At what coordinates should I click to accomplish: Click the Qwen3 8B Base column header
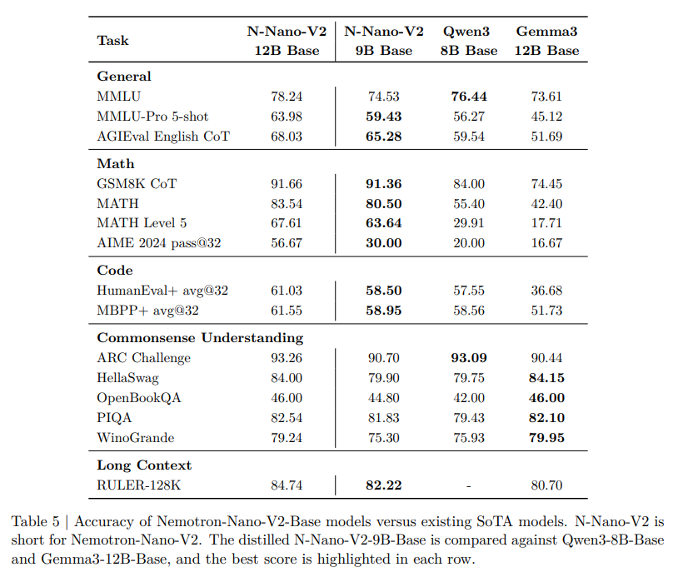(x=469, y=41)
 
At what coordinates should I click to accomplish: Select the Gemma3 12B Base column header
(x=546, y=41)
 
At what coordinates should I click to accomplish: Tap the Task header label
(x=112, y=41)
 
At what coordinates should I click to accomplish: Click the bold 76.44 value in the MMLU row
(x=469, y=97)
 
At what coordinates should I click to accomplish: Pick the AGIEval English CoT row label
(x=163, y=137)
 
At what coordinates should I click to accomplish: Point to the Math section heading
(x=116, y=163)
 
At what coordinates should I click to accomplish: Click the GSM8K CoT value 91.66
(x=287, y=184)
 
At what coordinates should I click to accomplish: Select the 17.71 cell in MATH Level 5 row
(x=546, y=223)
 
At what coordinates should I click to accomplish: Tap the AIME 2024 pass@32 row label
(x=159, y=243)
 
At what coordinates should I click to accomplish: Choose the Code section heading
(x=115, y=271)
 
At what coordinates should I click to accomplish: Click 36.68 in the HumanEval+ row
(x=546, y=291)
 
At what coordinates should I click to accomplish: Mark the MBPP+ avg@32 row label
(x=147, y=311)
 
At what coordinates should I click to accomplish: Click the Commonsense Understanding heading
(x=200, y=338)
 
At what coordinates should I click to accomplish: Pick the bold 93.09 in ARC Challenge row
(x=469, y=358)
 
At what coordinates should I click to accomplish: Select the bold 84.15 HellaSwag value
(x=546, y=378)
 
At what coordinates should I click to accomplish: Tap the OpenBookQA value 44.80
(x=383, y=398)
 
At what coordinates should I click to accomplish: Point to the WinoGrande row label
(x=135, y=438)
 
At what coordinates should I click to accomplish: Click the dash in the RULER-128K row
(x=469, y=486)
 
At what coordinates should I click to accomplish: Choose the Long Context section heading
(x=144, y=465)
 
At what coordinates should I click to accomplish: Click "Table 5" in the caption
(x=36, y=521)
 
